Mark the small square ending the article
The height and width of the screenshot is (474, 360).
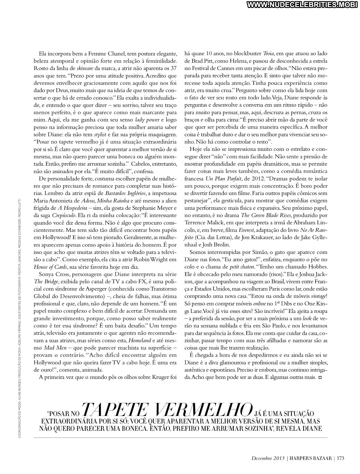tap(320, 378)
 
